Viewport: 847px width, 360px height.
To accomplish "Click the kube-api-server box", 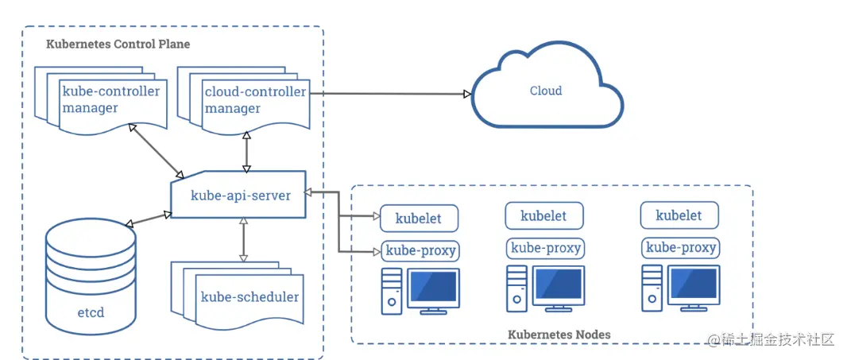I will pyautogui.click(x=239, y=195).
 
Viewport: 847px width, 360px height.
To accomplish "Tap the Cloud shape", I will pyautogui.click(x=546, y=91).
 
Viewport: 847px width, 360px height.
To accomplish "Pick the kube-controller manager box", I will pyautogui.click(x=110, y=100).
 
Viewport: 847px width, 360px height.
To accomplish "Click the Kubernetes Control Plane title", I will pyautogui.click(x=118, y=44).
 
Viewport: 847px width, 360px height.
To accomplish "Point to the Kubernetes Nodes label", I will pyautogui.click(x=559, y=335).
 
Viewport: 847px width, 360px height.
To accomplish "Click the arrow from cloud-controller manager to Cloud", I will pyautogui.click(x=389, y=94).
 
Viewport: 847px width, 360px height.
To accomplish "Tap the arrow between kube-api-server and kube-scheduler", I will pyautogui.click(x=243, y=239).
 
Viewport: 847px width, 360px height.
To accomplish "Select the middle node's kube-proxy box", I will pyautogui.click(x=544, y=248).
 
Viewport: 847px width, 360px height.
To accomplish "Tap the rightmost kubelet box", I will pyautogui.click(x=679, y=215).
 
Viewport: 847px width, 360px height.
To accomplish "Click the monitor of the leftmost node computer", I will pyautogui.click(x=433, y=287).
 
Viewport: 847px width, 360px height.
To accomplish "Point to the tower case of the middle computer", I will pyautogui.click(x=516, y=288).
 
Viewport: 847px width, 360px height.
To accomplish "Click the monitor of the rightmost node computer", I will pyautogui.click(x=695, y=287).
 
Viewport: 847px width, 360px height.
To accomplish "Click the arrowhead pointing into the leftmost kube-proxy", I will pyautogui.click(x=377, y=252).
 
